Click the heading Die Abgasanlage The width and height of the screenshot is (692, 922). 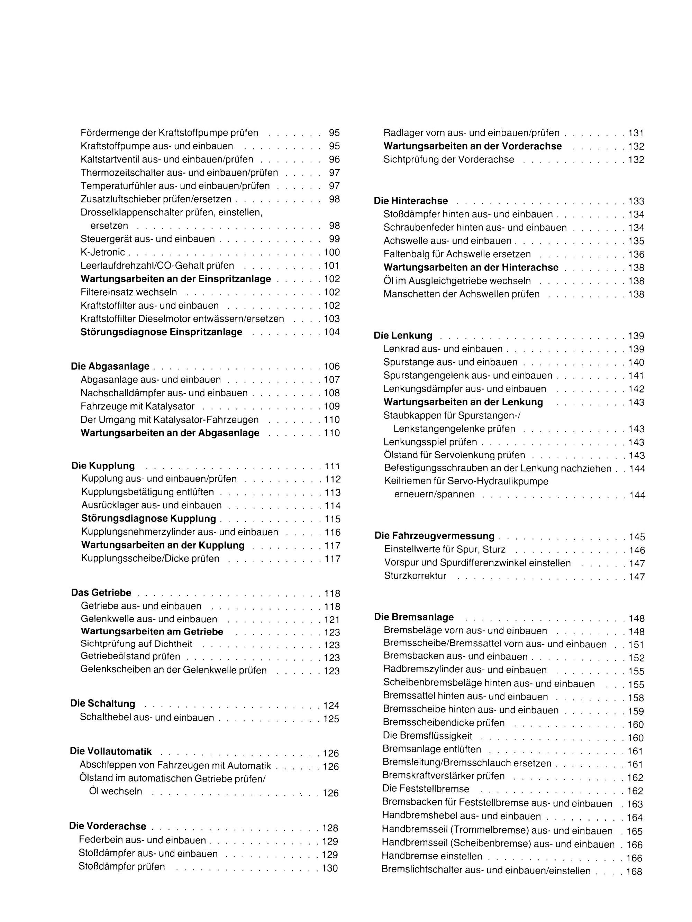pos(110,366)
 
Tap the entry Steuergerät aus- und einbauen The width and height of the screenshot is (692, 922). pos(148,239)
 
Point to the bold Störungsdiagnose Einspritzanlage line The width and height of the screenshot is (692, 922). pos(162,332)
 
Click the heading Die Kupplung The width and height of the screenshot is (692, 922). pos(103,466)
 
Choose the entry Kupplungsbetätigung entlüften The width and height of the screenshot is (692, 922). pos(148,492)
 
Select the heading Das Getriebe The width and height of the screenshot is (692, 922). pos(101,593)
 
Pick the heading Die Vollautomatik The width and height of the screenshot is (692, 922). pos(110,752)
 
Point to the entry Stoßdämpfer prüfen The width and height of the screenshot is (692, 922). pos(121,867)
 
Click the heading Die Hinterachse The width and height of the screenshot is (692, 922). pos(411,201)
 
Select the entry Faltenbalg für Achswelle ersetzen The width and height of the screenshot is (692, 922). pos(457,254)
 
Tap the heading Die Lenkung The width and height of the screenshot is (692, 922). pos(403,335)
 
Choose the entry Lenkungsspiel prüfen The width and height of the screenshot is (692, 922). pos(430,442)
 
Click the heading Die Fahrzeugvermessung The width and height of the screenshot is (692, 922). pos(434,536)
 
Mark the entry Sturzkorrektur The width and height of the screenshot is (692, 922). pos(415,576)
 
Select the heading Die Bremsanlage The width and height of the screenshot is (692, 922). pos(414,617)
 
